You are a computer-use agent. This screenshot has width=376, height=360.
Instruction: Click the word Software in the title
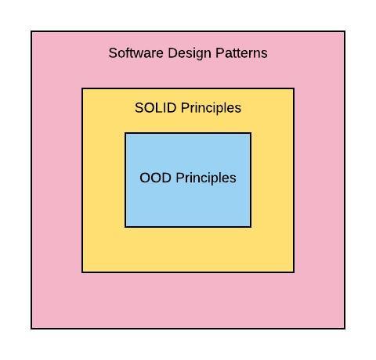pos(136,53)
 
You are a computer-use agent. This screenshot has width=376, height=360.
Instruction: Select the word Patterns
pos(241,53)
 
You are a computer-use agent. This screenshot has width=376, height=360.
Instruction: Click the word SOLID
pos(155,107)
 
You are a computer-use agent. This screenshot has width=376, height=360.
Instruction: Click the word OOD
pos(155,178)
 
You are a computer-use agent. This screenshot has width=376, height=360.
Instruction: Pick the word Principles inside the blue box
pos(206,178)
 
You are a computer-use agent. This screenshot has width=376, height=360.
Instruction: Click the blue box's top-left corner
pos(125,133)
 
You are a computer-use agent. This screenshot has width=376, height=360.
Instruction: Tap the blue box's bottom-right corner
pos(251,227)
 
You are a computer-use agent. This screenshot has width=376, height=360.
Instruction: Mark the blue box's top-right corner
pos(251,133)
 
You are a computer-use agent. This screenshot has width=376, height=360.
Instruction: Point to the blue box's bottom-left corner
pos(125,227)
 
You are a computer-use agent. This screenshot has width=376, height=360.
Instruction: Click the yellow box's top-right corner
pos(294,88)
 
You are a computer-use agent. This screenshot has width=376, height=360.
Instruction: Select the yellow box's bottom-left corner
pos(82,272)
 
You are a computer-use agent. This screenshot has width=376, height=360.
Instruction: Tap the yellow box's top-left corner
pos(82,88)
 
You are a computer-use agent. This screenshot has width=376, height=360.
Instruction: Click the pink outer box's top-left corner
pos(31,31)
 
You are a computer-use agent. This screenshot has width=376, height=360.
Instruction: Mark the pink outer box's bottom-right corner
pos(345,329)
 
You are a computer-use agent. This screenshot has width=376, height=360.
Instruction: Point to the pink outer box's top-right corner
pos(345,31)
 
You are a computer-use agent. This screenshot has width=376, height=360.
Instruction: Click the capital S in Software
pos(113,53)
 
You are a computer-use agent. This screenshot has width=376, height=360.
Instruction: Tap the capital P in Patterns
pos(220,53)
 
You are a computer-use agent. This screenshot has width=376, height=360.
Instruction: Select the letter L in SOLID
pos(161,107)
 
